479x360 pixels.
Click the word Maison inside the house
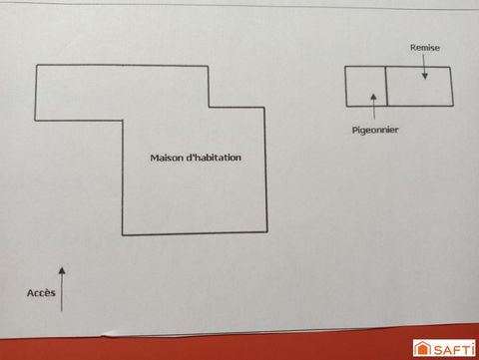166,158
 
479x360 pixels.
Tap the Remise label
425,47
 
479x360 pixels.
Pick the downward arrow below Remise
425,70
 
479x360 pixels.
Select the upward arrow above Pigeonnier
372,105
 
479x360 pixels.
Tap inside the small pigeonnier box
365,86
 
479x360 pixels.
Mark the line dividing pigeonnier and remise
385,86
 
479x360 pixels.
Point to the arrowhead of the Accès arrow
62,269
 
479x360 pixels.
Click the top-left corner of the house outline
37,66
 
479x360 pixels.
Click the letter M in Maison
154,158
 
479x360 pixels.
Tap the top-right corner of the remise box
451,68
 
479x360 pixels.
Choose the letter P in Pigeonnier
354,130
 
